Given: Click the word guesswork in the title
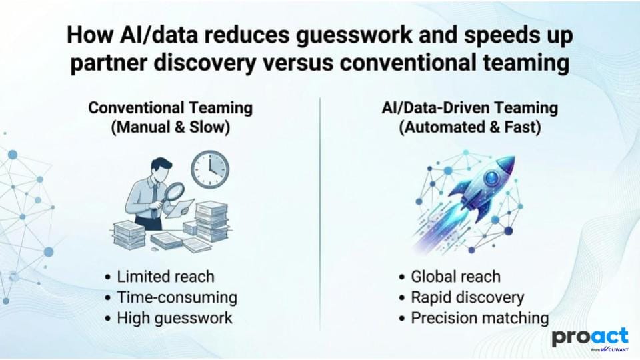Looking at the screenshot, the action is tap(354, 35).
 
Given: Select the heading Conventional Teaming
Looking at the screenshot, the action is tap(171, 108).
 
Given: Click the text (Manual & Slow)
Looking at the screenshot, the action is tap(171, 127).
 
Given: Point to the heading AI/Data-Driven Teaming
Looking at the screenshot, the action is tap(470, 108).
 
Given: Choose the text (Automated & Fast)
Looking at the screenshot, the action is tap(470, 127).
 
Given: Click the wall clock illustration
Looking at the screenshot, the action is tap(210, 169).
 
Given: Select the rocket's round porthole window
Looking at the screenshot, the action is tap(492, 177).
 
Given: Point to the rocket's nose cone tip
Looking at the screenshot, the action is tap(514, 157).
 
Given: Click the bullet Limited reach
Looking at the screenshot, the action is tap(159, 277).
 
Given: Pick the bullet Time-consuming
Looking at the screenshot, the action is tap(171, 297).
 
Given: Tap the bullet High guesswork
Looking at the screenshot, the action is tap(169, 319).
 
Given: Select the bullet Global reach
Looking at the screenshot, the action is tap(450, 277).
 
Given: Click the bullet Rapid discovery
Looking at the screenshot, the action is tap(461, 297).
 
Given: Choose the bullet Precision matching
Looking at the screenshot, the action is tap(474, 319).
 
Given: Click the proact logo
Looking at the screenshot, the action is tap(590, 339).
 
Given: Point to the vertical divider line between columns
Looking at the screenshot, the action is tap(320, 213).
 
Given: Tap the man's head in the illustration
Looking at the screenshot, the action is tap(161, 168).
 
